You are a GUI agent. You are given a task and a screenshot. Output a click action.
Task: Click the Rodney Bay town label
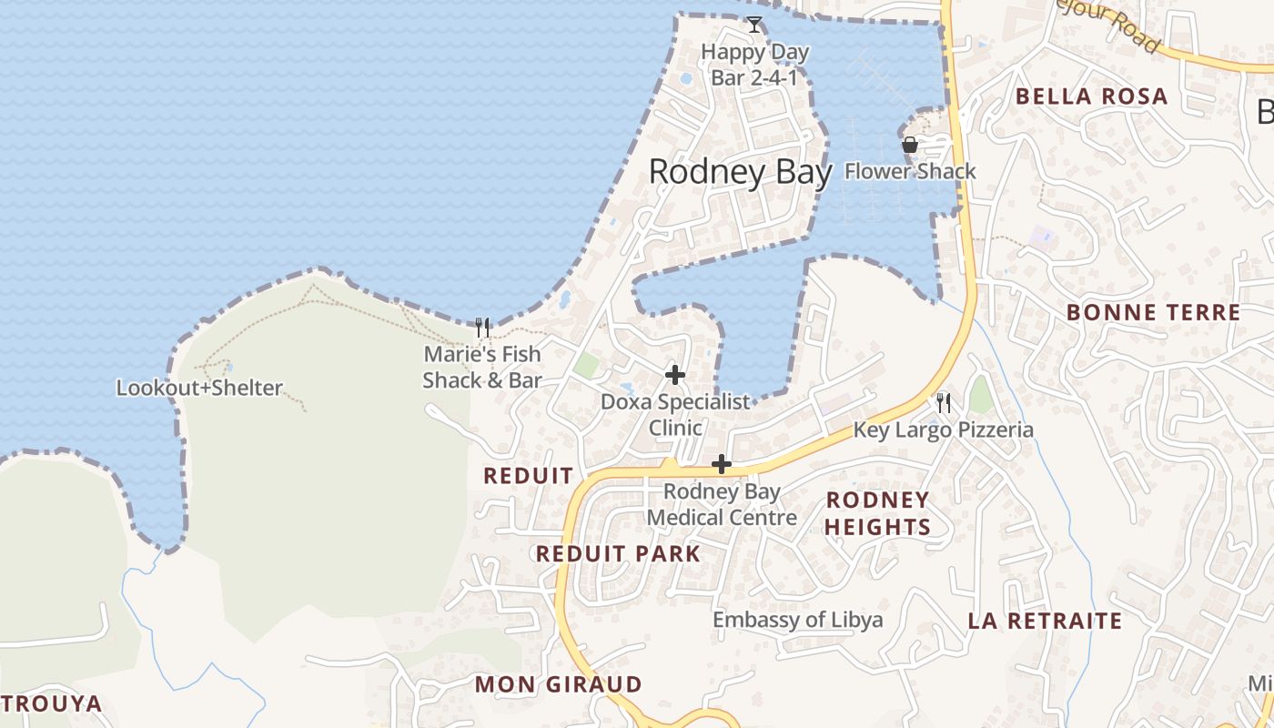coord(740,172)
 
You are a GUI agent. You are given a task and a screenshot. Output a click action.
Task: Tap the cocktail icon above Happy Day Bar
coord(753,25)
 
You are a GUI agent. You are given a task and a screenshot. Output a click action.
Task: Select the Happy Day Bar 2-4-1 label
coord(754,66)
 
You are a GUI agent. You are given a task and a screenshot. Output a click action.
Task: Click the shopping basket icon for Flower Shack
coord(909,145)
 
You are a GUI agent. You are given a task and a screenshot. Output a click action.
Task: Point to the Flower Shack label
coord(910,171)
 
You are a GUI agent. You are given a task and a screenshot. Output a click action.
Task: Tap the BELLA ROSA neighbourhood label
coord(1091,96)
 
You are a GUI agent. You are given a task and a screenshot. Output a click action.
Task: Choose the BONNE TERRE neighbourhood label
coord(1153,313)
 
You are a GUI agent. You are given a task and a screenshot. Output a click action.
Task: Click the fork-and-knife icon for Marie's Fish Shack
coord(482,327)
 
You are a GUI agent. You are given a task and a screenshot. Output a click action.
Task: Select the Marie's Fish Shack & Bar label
coord(482,367)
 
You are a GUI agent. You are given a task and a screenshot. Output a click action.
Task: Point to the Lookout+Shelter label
coord(199,389)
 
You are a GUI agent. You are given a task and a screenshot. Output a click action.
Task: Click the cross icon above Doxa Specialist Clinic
coord(675,374)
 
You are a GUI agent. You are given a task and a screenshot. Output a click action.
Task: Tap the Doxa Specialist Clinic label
coord(675,414)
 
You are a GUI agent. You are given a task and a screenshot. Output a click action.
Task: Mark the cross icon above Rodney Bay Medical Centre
coord(722,464)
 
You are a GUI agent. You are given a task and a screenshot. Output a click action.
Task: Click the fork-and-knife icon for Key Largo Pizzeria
coord(944,402)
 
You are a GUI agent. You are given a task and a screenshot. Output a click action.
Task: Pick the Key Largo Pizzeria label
coord(944,430)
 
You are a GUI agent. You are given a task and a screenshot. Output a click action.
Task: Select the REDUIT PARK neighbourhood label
coord(618,554)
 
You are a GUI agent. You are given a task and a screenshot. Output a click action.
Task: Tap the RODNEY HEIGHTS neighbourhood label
coord(877,513)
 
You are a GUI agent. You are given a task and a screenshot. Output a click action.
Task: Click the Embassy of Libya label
coord(797,621)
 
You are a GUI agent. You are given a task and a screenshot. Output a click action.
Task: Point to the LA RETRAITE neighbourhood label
coord(1045,622)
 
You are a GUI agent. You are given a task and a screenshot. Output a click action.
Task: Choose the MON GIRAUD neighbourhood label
coord(559,684)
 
